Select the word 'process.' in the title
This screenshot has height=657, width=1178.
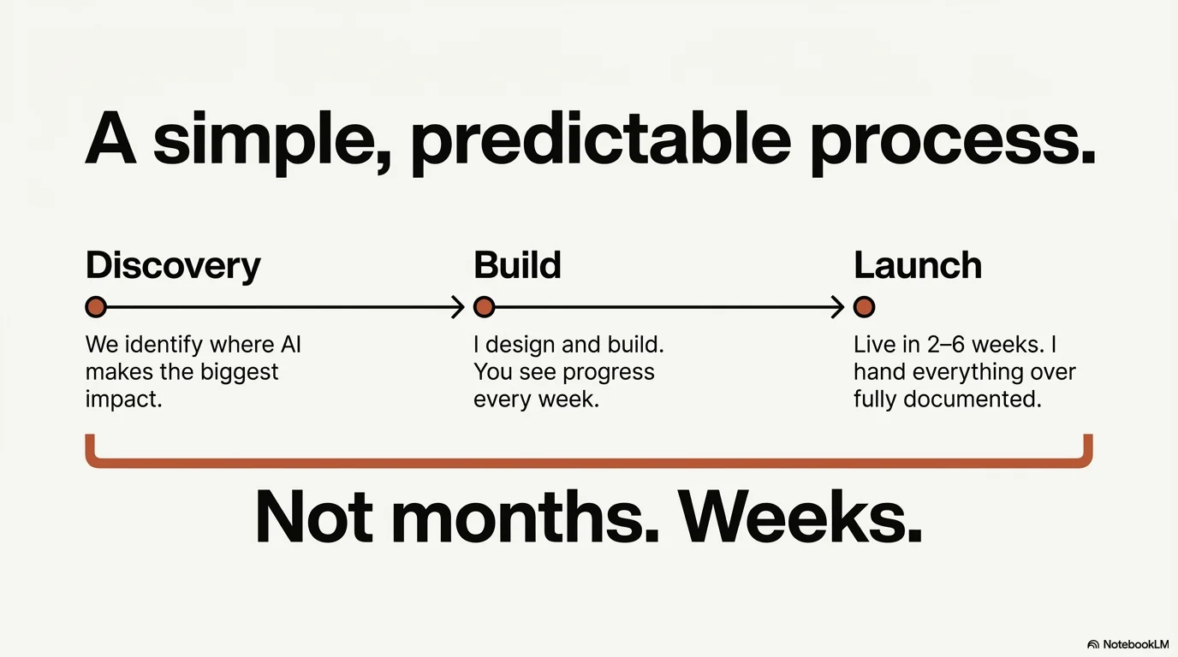point(952,141)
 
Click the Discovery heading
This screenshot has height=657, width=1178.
point(173,266)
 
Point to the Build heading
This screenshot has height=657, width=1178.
point(517,265)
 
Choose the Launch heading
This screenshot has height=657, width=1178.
point(917,265)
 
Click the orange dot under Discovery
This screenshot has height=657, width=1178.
point(96,306)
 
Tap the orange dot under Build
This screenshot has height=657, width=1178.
point(484,306)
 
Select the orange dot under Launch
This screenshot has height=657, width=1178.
point(864,306)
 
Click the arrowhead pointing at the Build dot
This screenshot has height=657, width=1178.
point(459,306)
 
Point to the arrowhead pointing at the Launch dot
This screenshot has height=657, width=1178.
point(838,306)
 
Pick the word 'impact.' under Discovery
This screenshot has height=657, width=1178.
point(123,400)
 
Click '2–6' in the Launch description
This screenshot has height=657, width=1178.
point(946,345)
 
